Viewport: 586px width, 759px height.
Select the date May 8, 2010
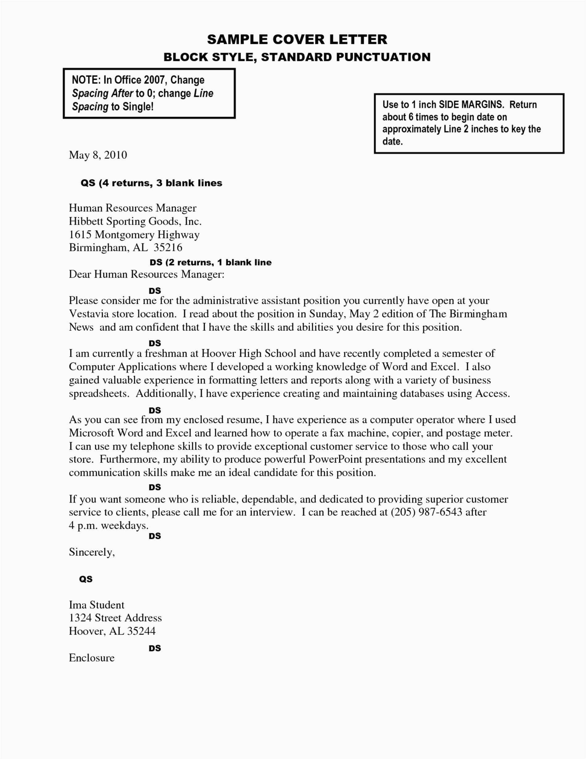tap(98, 155)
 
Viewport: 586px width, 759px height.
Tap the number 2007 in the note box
tap(154, 80)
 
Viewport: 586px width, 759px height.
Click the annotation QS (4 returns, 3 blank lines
tap(151, 183)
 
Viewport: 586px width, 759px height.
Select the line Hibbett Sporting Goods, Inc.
tap(135, 221)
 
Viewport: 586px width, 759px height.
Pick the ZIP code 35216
tap(168, 247)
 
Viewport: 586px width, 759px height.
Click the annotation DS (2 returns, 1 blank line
tap(210, 262)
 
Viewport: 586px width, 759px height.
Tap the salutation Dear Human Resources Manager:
tap(146, 274)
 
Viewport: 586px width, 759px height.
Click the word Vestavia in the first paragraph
tap(89, 314)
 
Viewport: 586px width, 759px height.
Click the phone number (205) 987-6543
tap(426, 512)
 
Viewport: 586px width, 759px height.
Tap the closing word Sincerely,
tap(92, 552)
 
